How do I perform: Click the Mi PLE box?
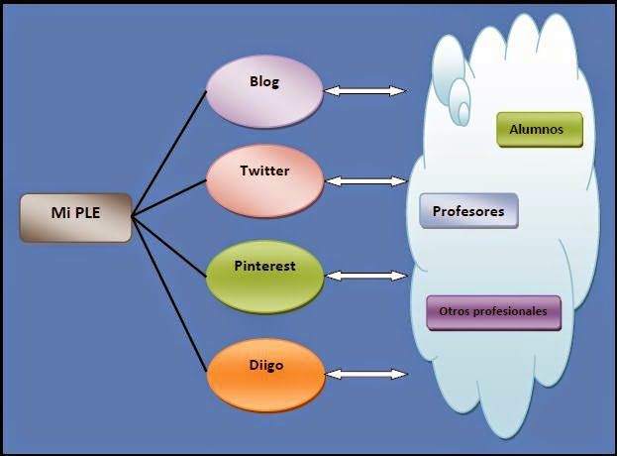75,217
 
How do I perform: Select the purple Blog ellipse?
265,91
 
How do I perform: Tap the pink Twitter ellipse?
264,180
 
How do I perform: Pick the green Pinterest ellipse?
264,275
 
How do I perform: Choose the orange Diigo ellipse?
264,373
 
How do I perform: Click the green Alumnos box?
539,130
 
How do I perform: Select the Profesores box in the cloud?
468,211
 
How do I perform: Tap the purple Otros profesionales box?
493,311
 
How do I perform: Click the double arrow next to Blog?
365,91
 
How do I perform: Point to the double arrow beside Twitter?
365,181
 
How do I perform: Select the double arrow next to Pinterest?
365,275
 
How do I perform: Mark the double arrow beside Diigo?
365,374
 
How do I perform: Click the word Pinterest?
264,266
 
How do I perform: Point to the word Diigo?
266,365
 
